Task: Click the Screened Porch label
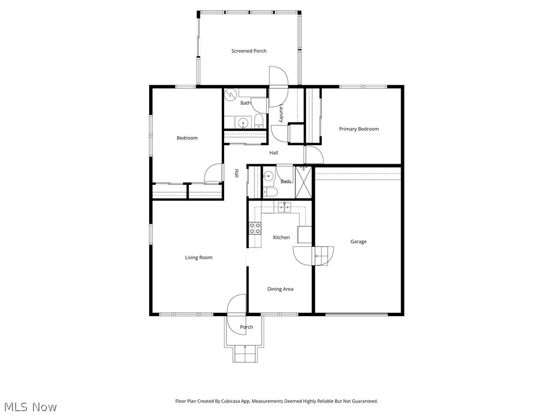pyautogui.click(x=248, y=51)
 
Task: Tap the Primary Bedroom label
pyautogui.click(x=359, y=129)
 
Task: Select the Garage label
pyautogui.click(x=359, y=242)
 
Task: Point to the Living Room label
pyautogui.click(x=199, y=257)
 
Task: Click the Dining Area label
pyautogui.click(x=280, y=289)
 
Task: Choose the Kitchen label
pyautogui.click(x=281, y=238)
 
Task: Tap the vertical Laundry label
pyautogui.click(x=281, y=112)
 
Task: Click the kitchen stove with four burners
pyautogui.click(x=255, y=228)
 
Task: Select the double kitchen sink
pyautogui.click(x=284, y=207)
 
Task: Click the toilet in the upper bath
pyautogui.click(x=259, y=121)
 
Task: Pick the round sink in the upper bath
pyautogui.click(x=243, y=123)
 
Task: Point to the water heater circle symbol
pyautogui.click(x=231, y=94)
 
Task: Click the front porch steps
pyautogui.click(x=244, y=354)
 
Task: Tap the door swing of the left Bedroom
pyautogui.click(x=213, y=173)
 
